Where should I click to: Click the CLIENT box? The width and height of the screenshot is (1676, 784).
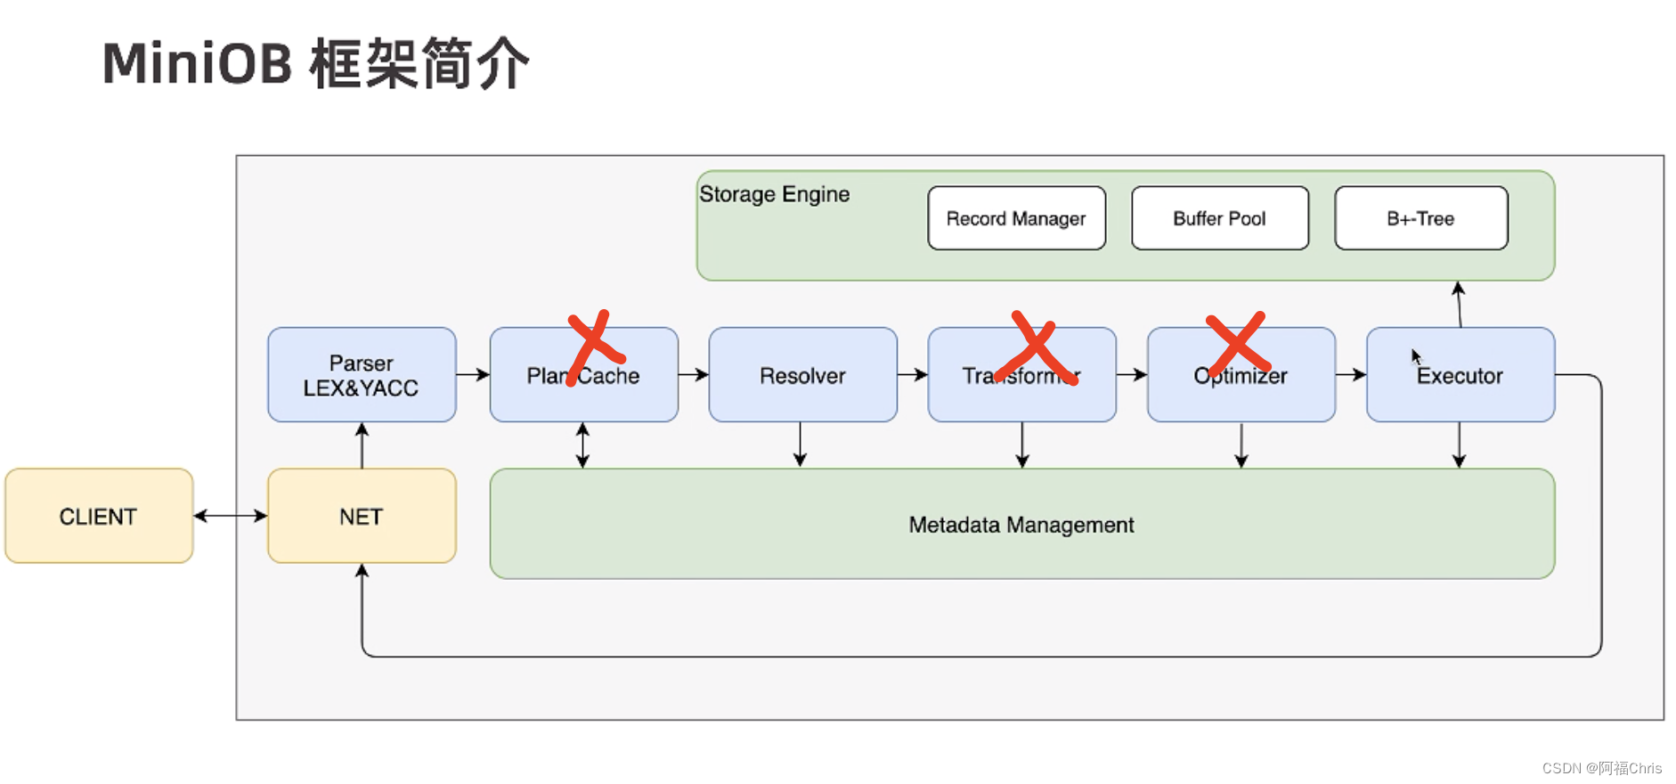tap(99, 516)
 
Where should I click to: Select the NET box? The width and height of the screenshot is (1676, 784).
tap(362, 516)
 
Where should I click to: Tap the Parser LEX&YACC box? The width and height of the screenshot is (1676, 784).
tap(362, 375)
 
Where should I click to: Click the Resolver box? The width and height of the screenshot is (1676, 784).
tap(802, 375)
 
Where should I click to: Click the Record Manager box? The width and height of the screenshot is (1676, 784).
tap(1016, 218)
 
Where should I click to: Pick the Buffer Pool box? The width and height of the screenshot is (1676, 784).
tap(1219, 218)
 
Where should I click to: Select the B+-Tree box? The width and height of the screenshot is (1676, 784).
tap(1420, 218)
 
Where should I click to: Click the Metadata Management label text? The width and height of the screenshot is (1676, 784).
tap(1021, 525)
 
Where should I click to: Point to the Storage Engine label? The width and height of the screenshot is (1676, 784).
tap(774, 194)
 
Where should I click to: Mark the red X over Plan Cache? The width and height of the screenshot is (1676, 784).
tap(594, 347)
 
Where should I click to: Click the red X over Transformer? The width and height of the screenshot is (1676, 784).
tap(1036, 349)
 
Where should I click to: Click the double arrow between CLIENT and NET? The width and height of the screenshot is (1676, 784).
tap(230, 516)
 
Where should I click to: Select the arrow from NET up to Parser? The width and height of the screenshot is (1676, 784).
tap(362, 445)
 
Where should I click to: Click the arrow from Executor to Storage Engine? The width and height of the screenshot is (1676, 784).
tap(1459, 304)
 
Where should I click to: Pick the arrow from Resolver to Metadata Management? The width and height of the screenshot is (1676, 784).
tap(800, 445)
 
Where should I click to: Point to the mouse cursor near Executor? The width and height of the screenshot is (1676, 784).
tap(1415, 355)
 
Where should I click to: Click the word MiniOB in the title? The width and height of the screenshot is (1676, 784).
tap(197, 64)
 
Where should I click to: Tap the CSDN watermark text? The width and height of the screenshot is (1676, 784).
tap(1601, 768)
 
